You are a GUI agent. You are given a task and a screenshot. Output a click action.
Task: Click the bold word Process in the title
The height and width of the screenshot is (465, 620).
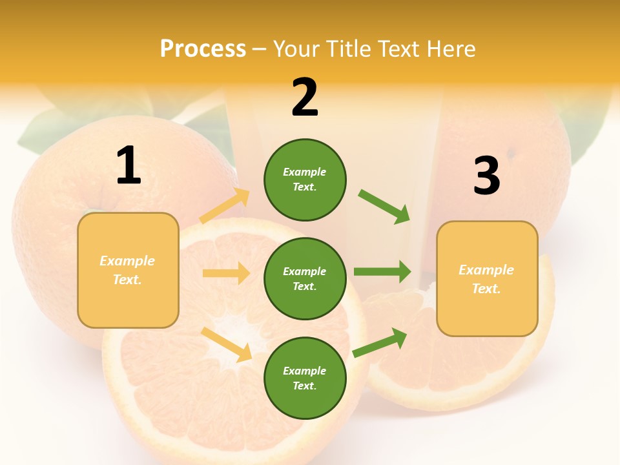point(203,49)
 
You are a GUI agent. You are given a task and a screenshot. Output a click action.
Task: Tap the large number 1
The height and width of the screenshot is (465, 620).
point(129,166)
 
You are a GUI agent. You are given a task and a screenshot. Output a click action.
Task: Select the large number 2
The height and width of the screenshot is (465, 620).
point(305,98)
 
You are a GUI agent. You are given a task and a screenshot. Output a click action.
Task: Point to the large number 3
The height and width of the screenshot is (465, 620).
point(486,176)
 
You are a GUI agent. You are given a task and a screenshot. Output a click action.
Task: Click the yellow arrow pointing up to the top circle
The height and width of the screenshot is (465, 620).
point(225,206)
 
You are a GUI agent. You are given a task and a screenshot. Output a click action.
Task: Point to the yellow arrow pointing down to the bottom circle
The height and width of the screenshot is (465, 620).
point(226,344)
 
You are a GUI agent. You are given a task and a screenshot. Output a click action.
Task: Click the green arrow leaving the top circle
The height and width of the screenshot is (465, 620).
point(384,206)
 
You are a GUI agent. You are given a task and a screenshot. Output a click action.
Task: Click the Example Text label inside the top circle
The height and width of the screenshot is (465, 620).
point(305,180)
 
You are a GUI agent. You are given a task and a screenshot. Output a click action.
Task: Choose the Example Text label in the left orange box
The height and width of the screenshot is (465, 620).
point(128,270)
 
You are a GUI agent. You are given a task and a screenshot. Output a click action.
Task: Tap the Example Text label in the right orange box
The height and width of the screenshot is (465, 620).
point(487,279)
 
